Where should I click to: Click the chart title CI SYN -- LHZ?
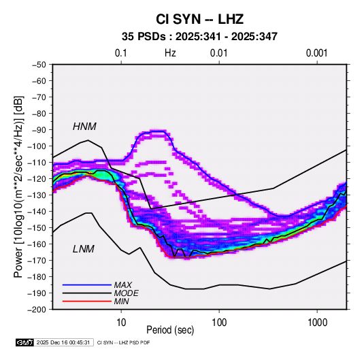[x=199, y=19]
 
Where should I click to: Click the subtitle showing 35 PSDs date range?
[x=199, y=37]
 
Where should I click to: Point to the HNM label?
[x=84, y=127]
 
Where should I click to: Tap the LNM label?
[x=84, y=249]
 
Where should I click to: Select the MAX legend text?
[x=123, y=284]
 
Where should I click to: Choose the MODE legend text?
[x=127, y=293]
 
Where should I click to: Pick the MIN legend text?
[x=121, y=301]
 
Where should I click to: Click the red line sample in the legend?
[x=87, y=301]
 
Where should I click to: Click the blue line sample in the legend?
[x=87, y=284]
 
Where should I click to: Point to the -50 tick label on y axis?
[x=39, y=65]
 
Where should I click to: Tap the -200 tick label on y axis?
[x=37, y=310]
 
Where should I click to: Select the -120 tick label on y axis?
[x=37, y=179]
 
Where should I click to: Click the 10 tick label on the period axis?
[x=121, y=323]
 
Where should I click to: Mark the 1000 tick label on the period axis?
[x=317, y=323]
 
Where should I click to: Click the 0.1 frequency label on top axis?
[x=121, y=53]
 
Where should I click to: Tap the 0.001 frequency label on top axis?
[x=317, y=53]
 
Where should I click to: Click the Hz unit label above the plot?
[x=170, y=53]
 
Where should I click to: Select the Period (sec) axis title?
[x=170, y=330]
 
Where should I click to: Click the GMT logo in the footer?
[x=24, y=342]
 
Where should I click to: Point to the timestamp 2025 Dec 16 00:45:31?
[x=63, y=342]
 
